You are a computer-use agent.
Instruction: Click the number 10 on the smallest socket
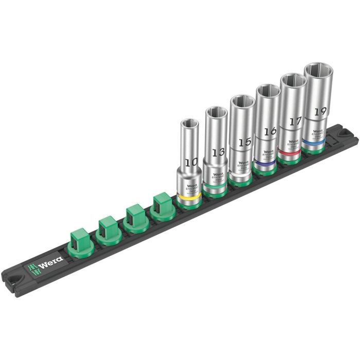[191, 162]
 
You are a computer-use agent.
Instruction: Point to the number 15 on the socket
[242, 140]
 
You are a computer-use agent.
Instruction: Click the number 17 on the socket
[295, 121]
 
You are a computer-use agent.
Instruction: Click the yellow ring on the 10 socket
[188, 198]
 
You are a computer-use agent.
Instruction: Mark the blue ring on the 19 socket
[315, 139]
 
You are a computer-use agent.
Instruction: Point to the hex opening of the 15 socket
[241, 100]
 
